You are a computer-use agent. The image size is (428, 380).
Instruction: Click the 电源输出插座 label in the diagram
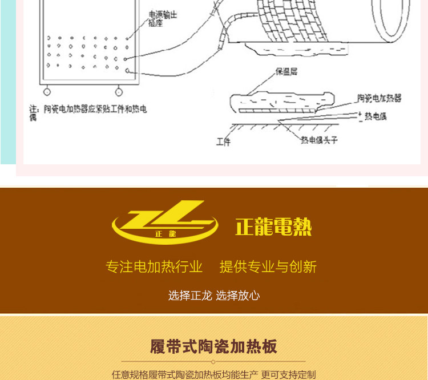click(163, 18)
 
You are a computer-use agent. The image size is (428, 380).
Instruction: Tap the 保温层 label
click(287, 72)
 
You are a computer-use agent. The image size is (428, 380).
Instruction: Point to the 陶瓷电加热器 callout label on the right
click(379, 98)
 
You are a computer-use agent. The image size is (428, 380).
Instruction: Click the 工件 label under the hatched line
click(223, 141)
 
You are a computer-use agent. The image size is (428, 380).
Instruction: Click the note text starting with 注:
click(88, 112)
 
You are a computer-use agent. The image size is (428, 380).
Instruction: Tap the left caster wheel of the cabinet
click(46, 92)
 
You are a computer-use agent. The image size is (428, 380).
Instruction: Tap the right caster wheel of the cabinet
click(119, 92)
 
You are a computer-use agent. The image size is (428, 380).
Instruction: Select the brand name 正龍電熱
click(273, 227)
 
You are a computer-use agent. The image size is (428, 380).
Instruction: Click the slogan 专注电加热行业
click(154, 266)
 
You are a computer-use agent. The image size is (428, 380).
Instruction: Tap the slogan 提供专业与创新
click(268, 266)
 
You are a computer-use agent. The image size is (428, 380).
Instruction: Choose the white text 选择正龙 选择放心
click(214, 296)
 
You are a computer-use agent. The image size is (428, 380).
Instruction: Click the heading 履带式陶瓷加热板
click(213, 346)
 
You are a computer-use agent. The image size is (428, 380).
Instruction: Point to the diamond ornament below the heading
click(213, 361)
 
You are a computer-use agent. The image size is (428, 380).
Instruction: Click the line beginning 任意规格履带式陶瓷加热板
click(213, 375)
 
